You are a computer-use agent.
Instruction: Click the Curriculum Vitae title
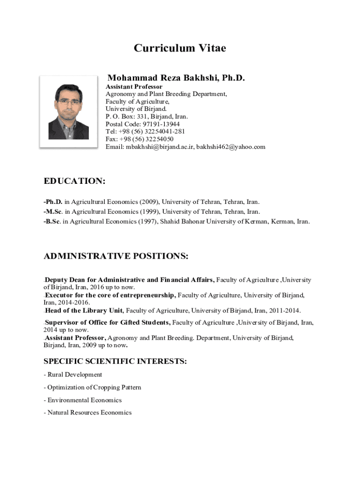click(180, 48)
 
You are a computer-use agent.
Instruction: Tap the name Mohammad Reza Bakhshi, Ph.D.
click(176, 78)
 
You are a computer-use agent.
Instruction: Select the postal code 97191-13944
click(161, 124)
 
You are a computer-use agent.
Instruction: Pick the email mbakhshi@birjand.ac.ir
click(159, 147)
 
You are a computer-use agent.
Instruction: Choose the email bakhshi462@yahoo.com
click(230, 147)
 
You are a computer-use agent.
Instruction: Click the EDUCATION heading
click(74, 181)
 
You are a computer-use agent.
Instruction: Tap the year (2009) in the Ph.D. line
click(149, 202)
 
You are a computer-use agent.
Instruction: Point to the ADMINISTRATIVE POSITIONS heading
click(116, 256)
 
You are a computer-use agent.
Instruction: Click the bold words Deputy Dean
click(64, 280)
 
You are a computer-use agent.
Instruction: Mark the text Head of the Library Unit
click(84, 311)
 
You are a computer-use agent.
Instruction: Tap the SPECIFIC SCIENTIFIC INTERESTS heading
click(115, 361)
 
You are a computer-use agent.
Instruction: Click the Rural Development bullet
click(74, 375)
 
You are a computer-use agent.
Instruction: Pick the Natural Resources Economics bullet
click(89, 413)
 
